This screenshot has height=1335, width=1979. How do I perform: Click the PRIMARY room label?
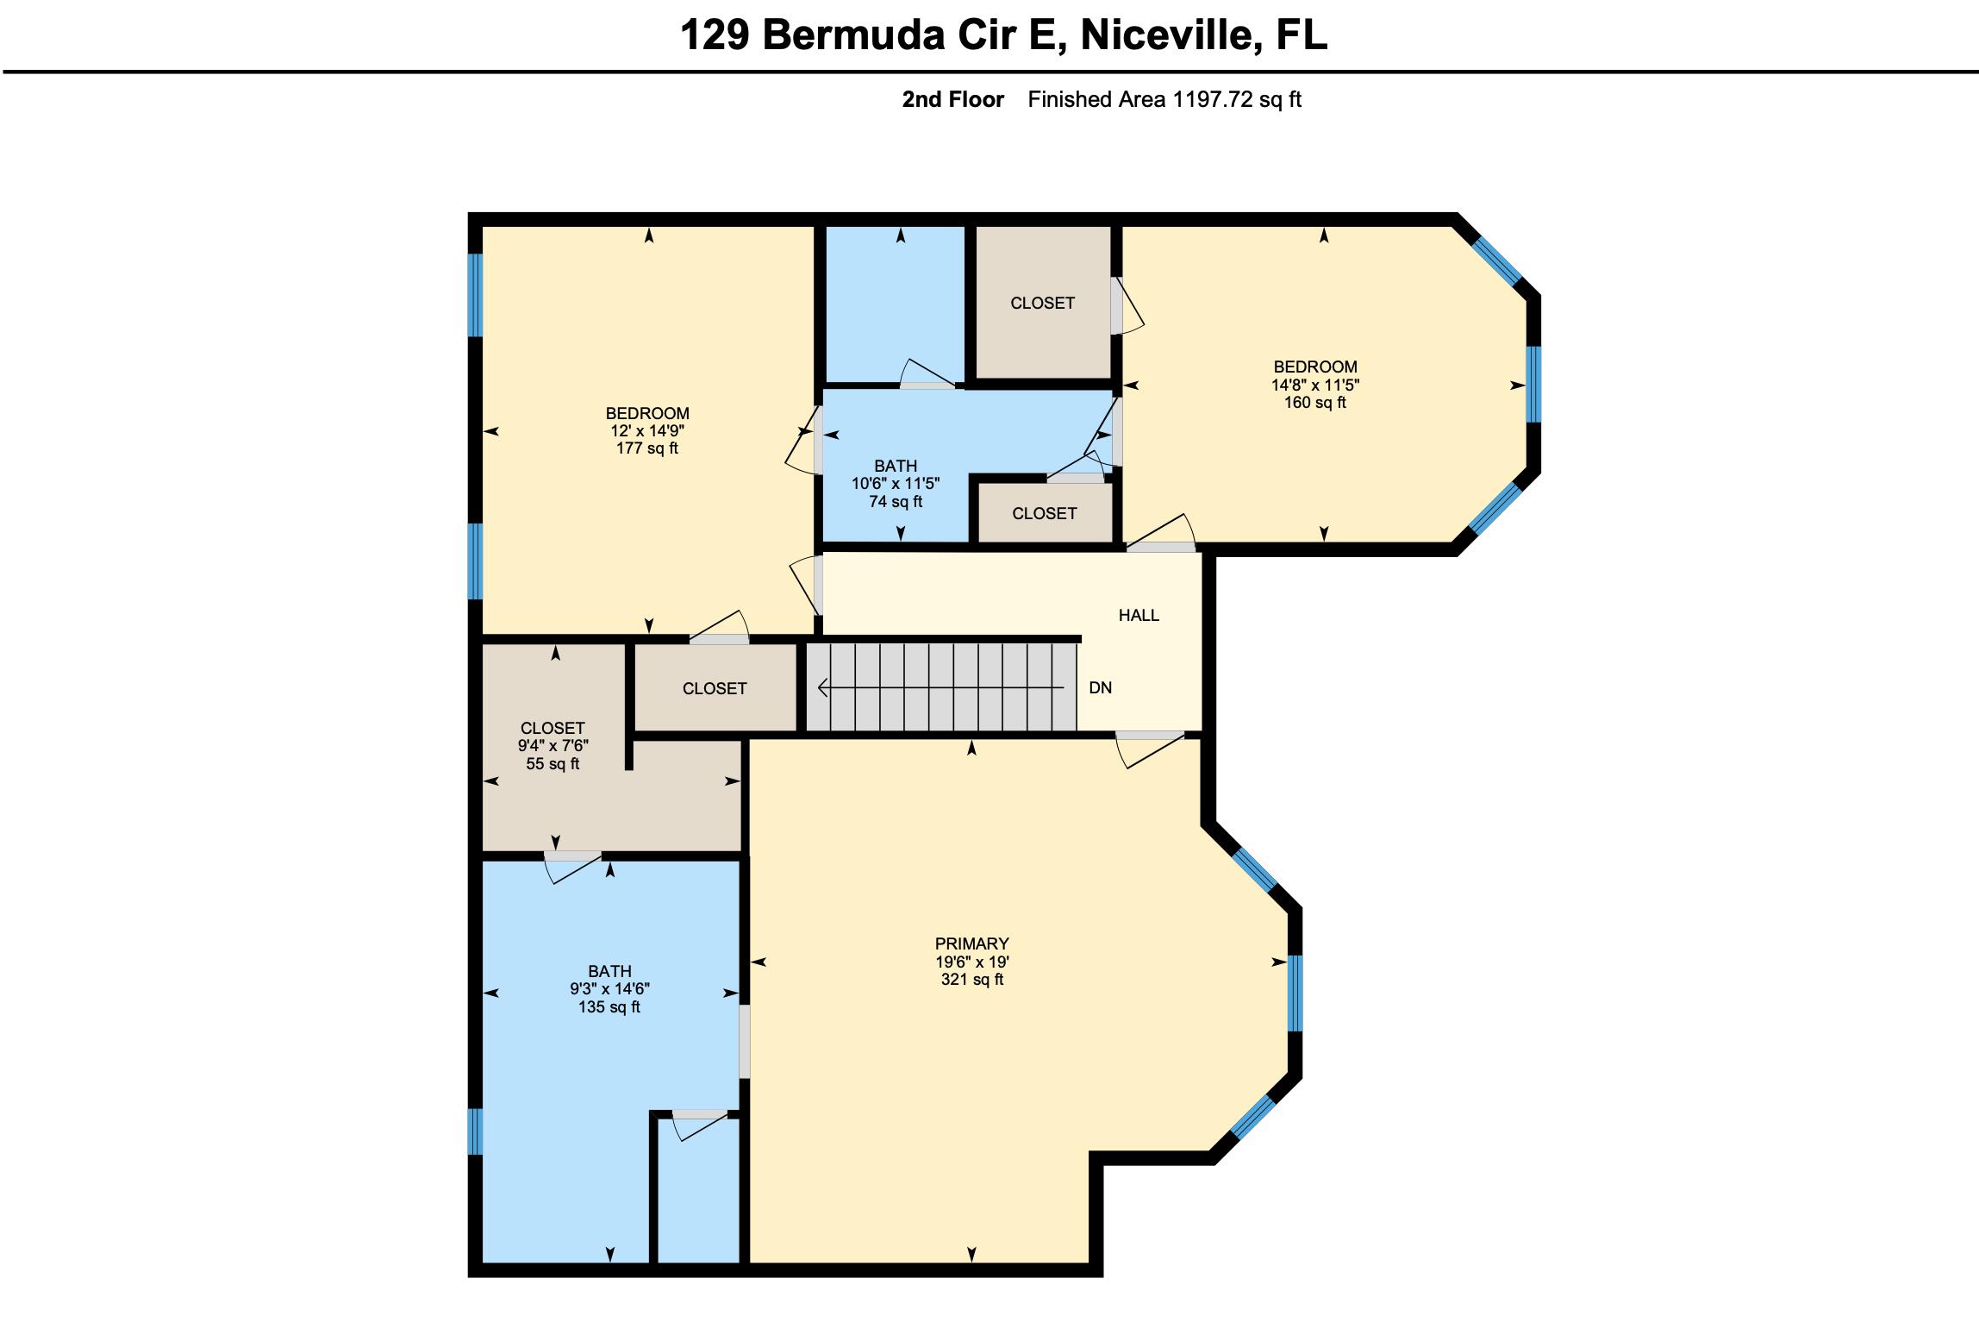(971, 943)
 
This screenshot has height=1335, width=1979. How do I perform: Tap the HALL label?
(1139, 615)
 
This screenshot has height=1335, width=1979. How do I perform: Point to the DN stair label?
(1101, 687)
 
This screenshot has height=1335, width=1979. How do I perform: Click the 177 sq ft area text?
(646, 448)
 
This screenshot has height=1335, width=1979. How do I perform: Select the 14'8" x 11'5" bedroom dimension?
(1315, 385)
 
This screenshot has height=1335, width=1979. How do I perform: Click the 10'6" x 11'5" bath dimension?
(896, 484)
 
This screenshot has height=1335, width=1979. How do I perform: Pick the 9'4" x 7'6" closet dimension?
(552, 746)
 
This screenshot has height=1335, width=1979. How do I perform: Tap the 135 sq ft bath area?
(609, 1007)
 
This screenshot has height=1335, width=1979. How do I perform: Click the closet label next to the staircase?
(715, 688)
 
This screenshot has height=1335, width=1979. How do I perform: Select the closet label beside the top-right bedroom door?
(1042, 303)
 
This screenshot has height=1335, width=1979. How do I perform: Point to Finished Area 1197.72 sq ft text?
(1164, 100)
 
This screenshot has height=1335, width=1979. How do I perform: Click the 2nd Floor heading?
(952, 100)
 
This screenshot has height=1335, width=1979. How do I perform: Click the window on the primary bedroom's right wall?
(1295, 993)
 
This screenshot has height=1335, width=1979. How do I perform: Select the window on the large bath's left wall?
(475, 1131)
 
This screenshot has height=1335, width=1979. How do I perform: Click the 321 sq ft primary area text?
(971, 980)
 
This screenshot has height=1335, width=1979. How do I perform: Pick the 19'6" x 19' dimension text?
(971, 962)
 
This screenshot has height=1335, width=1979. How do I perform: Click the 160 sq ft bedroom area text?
(1315, 403)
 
